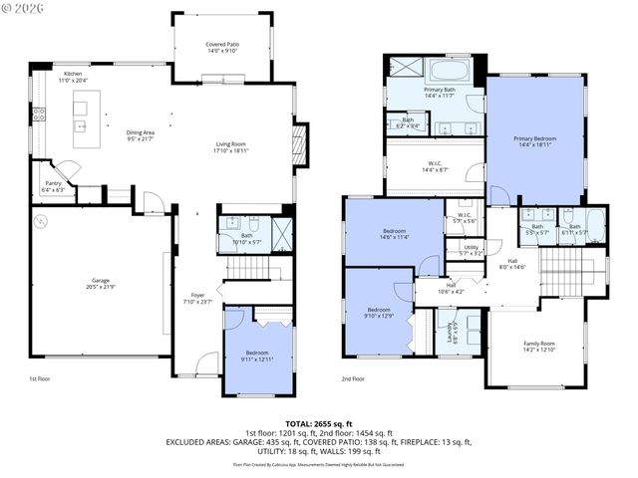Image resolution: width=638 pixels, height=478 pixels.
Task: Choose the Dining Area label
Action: [140, 134]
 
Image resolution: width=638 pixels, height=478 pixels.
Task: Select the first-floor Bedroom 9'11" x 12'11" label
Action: [258, 356]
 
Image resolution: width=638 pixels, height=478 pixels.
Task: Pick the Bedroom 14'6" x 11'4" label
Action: [392, 234]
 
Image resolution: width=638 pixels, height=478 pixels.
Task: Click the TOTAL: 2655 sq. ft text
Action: [318, 423]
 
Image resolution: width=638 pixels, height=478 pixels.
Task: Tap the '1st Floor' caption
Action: [39, 379]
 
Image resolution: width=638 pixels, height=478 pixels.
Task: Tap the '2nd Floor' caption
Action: [353, 379]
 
